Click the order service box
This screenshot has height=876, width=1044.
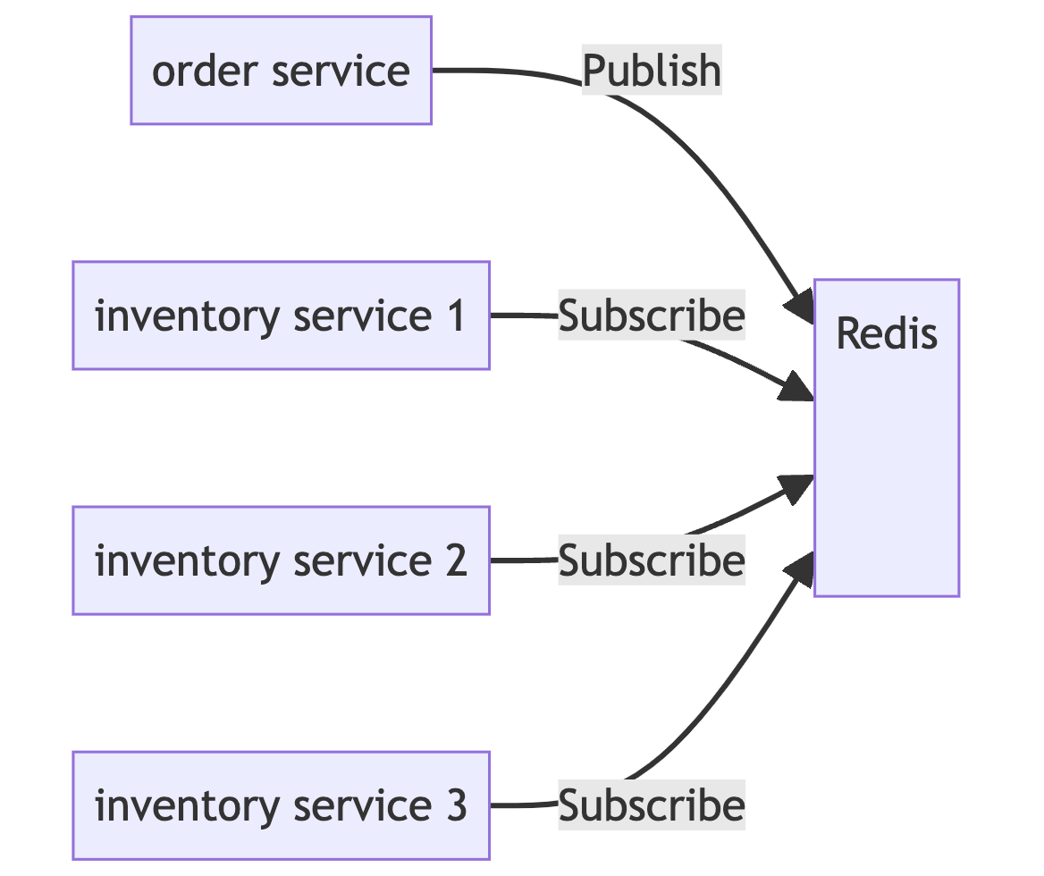click(x=281, y=70)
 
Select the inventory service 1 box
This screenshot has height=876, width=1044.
click(x=281, y=315)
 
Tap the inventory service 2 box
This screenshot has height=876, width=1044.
click(x=281, y=560)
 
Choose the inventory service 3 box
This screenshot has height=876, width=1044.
click(x=281, y=805)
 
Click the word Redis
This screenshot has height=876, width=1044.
click(x=886, y=334)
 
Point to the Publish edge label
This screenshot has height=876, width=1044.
click(x=652, y=71)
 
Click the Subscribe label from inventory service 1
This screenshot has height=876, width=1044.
click(x=652, y=315)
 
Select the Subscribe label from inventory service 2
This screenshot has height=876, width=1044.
click(x=652, y=560)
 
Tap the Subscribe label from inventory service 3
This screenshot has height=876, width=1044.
click(x=652, y=805)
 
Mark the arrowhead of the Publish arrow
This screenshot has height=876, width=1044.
click(x=799, y=304)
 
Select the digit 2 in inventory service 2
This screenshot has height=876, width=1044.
click(x=456, y=560)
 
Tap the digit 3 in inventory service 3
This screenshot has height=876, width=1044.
click(x=456, y=805)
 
